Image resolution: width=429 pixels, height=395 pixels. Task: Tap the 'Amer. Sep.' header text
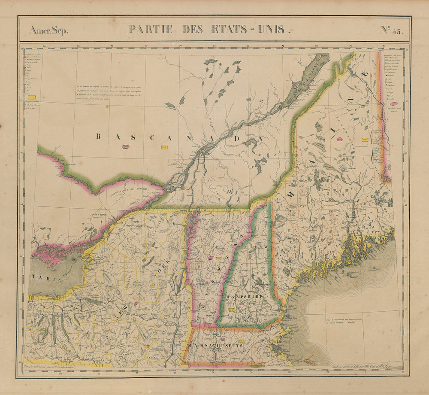48,30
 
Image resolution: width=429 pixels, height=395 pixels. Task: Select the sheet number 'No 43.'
391,30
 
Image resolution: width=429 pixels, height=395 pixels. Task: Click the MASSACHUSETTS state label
215,345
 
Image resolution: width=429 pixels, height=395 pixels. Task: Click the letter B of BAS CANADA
98,137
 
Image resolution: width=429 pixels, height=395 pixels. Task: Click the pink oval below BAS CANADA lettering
126,147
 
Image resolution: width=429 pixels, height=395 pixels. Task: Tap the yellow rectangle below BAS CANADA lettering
163,147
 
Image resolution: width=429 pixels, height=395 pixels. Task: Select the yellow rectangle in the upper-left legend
31,97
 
